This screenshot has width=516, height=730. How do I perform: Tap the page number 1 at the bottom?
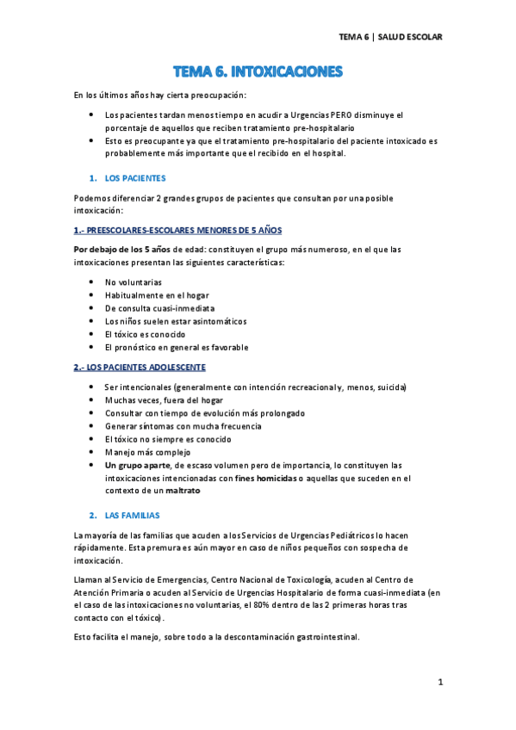[439, 683]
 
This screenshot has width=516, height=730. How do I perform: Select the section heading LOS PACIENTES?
[134, 178]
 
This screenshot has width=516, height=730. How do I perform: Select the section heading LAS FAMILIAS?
[133, 515]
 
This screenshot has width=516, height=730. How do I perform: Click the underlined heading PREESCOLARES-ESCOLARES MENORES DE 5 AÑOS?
[177, 231]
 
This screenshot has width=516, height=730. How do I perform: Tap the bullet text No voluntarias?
[133, 282]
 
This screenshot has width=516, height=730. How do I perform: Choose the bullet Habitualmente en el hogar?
[156, 295]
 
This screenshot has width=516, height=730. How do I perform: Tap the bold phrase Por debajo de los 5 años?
[120, 250]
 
